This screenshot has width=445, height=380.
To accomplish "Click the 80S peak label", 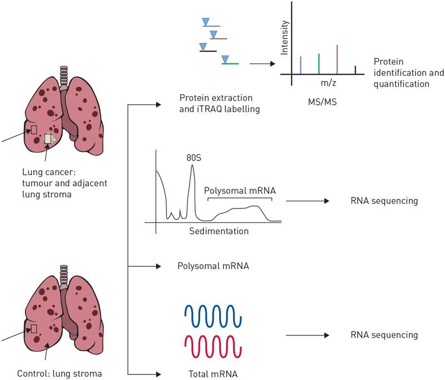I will pyautogui.click(x=193, y=158).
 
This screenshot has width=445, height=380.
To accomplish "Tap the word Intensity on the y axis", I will pyautogui.click(x=285, y=37).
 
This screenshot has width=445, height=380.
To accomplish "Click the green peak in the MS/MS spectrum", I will pyautogui.click(x=319, y=64).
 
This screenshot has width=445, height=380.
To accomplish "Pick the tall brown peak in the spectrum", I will pyautogui.click(x=337, y=59).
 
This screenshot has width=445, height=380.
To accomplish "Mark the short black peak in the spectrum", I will pyautogui.click(x=355, y=70).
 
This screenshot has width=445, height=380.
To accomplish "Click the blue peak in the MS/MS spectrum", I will pyautogui.click(x=300, y=65).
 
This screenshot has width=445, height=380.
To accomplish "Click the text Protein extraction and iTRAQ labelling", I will pyautogui.click(x=220, y=104).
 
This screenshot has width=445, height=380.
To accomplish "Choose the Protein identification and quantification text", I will pyautogui.click(x=408, y=72).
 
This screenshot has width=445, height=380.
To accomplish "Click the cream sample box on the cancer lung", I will pyautogui.click(x=48, y=138).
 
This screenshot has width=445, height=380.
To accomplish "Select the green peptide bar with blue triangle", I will pyautogui.click(x=230, y=64).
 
